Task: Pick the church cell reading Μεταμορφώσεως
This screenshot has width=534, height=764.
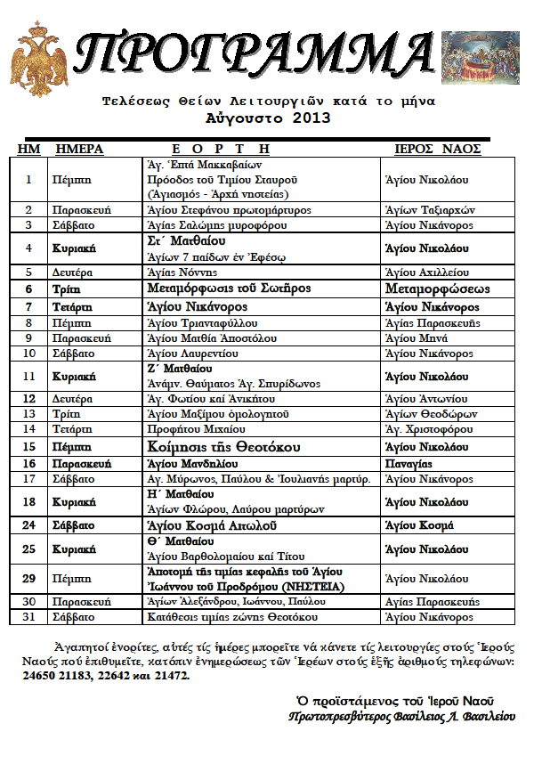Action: [x=437, y=289]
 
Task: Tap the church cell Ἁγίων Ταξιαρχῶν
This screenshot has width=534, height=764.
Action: [x=428, y=210]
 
